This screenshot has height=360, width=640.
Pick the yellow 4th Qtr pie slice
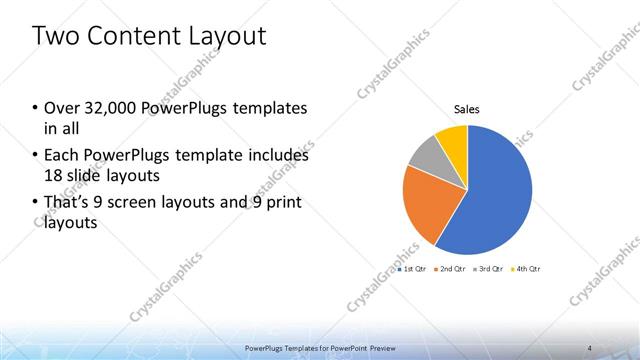pos(453,137)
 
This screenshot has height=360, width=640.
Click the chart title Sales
pos(467,108)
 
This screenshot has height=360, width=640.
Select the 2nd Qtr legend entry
pos(452,269)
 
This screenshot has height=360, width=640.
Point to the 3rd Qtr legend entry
pos(489,269)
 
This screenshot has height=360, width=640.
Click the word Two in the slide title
pos(54,37)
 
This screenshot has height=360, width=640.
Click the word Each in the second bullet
pos(64,156)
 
